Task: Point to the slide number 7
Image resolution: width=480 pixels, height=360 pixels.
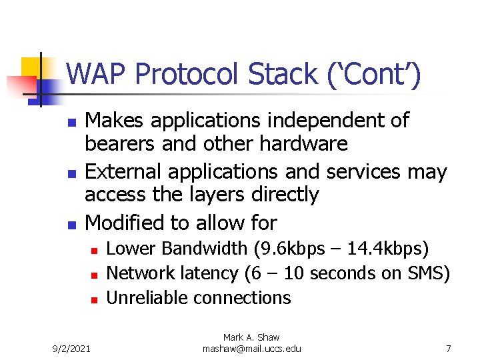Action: click(x=449, y=348)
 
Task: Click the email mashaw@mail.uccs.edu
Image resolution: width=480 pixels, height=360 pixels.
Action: click(x=251, y=349)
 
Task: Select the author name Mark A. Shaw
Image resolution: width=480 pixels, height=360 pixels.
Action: click(x=251, y=338)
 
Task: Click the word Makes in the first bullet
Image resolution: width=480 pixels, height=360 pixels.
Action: click(x=116, y=121)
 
